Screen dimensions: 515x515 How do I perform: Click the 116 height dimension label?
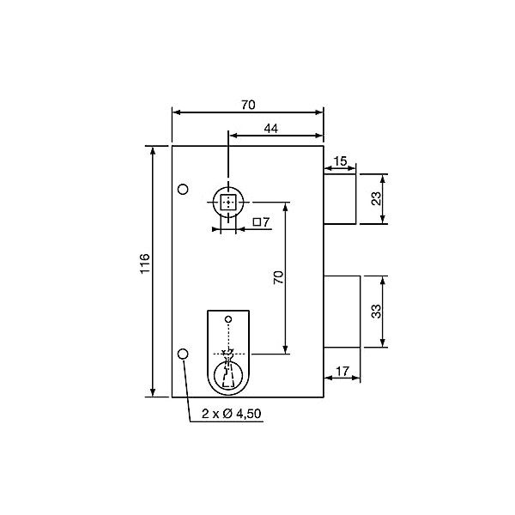point(145,264)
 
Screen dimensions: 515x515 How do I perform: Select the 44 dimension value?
point(271,129)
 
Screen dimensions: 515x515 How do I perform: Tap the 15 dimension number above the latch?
point(340,161)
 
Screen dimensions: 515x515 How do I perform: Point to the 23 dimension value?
point(377,198)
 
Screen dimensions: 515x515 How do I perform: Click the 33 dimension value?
point(377,312)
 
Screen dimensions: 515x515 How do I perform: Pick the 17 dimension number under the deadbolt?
point(342,372)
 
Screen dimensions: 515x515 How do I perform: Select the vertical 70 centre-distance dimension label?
point(278,277)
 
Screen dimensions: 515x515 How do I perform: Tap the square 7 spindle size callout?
point(261,222)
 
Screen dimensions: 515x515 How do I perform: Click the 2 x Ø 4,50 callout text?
point(232,414)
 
